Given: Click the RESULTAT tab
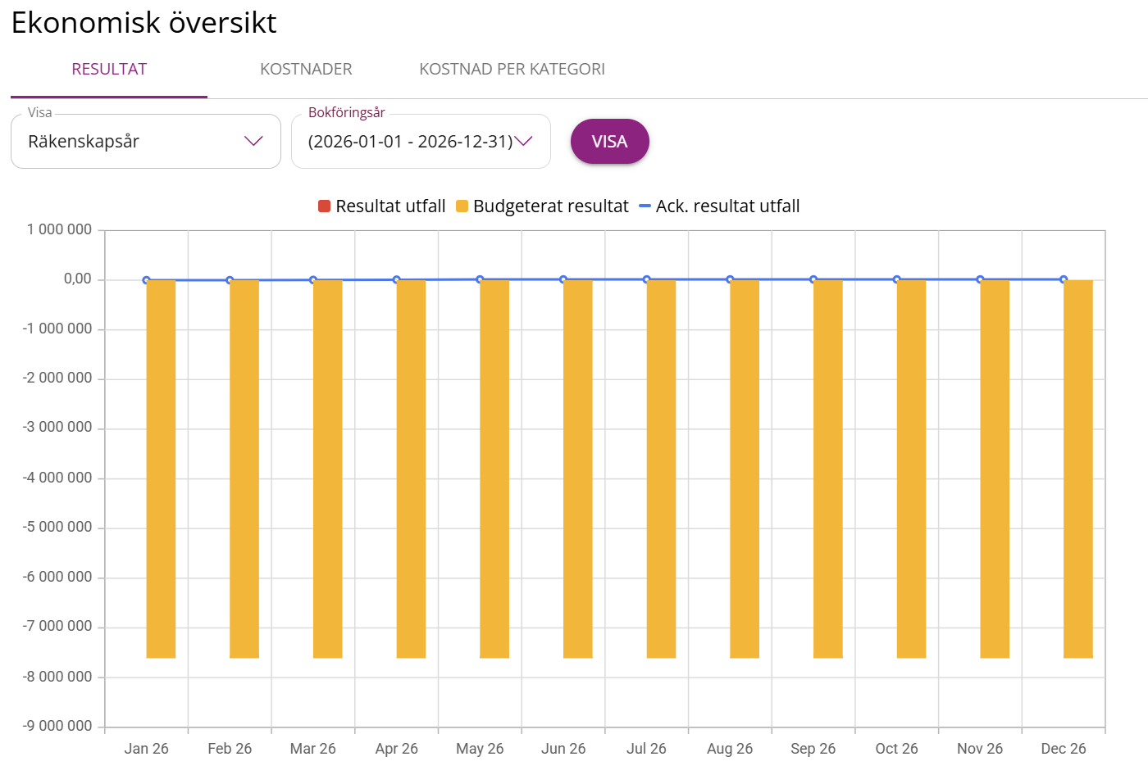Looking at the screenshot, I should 109,70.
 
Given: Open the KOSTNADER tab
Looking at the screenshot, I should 306,70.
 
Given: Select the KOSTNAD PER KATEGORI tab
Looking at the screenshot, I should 512,70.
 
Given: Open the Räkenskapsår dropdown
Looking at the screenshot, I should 146,142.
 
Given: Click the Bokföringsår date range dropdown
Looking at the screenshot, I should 420,142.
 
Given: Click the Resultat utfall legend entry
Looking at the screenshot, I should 382,206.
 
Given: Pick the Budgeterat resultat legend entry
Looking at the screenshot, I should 542,206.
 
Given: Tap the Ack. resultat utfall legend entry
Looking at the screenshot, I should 719,206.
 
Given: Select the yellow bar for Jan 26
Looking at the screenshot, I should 161,469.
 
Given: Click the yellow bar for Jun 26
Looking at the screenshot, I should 578,469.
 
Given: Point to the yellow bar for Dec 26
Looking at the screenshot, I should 1078,469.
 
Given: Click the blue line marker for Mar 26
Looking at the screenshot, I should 313,280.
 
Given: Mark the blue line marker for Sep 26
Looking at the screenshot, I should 813,279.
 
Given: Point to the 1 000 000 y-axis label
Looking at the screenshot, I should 59,230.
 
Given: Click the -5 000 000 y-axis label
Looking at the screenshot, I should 57,528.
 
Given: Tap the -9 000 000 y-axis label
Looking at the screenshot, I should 57,727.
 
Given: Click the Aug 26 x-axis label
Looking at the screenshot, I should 730,749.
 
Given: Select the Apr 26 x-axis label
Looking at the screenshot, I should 396,749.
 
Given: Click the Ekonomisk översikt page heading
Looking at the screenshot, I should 143,23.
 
